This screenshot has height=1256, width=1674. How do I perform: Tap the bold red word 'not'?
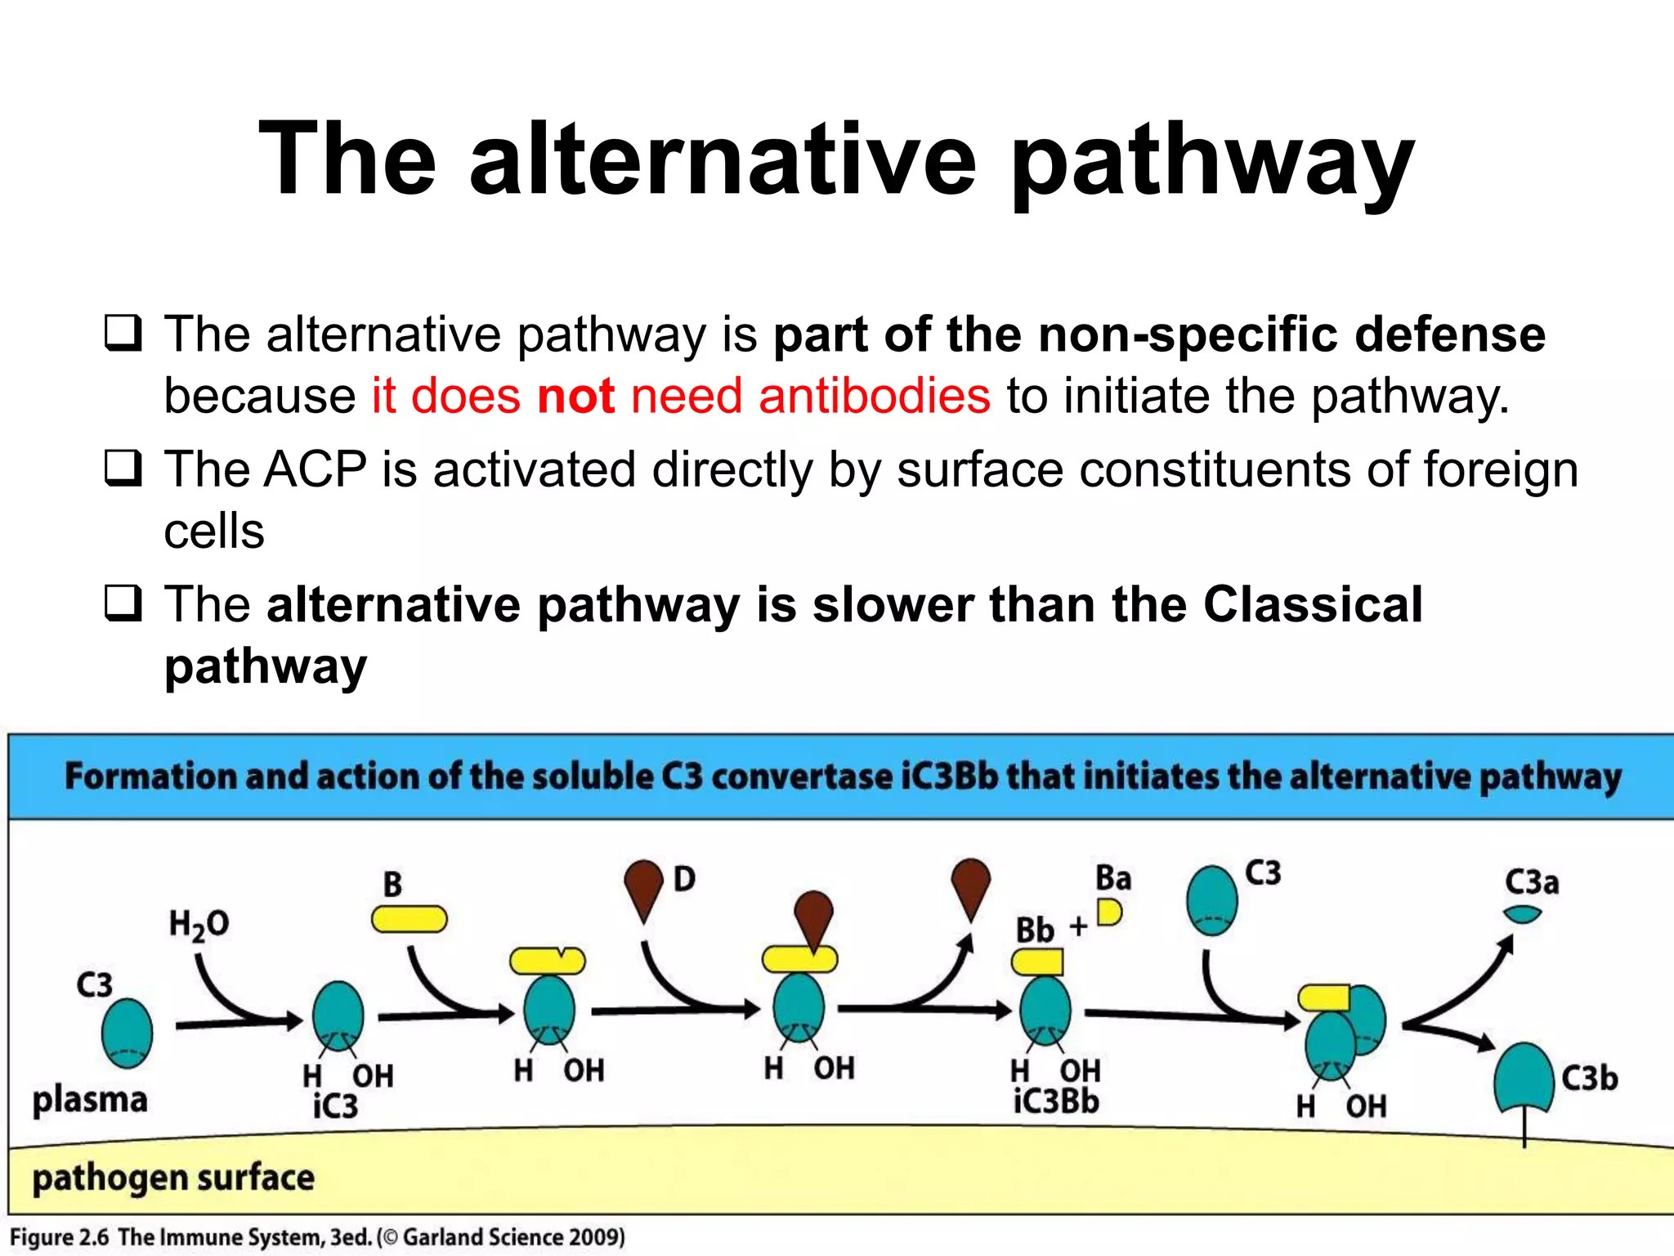point(575,397)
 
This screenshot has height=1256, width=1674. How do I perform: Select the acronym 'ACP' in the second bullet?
point(315,470)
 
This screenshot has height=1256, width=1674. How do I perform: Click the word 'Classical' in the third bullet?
point(1312,605)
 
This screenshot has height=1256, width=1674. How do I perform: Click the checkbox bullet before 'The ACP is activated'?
point(123,469)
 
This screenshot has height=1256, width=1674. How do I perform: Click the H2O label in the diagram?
point(199,925)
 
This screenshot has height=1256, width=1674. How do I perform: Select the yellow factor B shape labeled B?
point(409,919)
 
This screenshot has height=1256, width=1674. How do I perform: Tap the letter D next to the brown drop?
point(684,879)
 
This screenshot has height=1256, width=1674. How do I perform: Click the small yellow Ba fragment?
point(1109,912)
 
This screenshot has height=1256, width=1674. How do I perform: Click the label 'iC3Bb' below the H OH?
point(1056,1101)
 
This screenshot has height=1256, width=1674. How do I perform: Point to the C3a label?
point(1532,882)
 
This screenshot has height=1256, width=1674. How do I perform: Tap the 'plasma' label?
point(90,1100)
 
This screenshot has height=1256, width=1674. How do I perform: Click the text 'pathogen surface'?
point(173,1178)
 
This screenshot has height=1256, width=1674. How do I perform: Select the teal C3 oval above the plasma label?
point(127,1033)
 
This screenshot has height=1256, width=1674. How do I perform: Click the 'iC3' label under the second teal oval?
point(335,1106)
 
